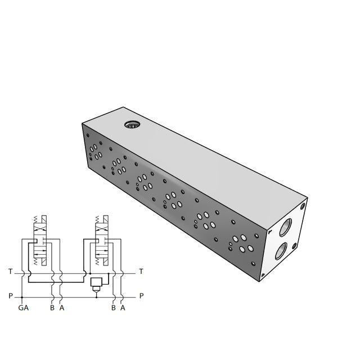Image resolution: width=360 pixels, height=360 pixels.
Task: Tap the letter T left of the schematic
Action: click(10, 272)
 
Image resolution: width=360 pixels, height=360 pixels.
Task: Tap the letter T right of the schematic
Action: click(141, 272)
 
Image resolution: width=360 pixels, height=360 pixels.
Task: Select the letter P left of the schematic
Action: click(10, 296)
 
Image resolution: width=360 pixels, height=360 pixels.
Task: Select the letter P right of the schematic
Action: click(141, 296)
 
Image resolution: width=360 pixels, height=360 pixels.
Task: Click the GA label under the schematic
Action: click(23, 308)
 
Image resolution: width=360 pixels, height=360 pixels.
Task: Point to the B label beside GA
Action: click(52, 308)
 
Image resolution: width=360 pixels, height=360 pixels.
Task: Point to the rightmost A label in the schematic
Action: click(123, 308)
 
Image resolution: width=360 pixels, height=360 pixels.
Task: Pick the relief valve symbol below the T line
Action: click(95, 282)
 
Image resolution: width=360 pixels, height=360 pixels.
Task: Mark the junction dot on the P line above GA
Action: click(22, 296)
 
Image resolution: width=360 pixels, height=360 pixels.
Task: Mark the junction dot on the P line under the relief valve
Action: click(95, 296)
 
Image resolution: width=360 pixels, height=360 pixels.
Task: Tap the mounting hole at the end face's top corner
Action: click(303, 206)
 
